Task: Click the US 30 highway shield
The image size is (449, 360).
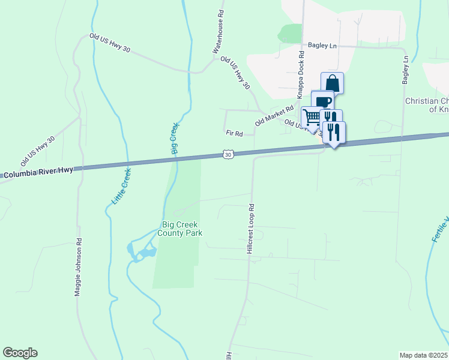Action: tap(228, 155)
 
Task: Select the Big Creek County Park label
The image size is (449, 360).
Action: tap(181, 229)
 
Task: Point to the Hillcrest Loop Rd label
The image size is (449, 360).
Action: tap(251, 228)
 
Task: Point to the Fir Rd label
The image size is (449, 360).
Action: tap(234, 133)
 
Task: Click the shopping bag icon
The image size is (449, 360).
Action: tap(333, 83)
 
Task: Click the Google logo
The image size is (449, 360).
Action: tap(20, 353)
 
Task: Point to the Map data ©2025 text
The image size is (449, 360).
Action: tap(424, 355)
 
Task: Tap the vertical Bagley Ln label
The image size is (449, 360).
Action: tap(406, 70)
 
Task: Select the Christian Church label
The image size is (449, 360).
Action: tap(427, 106)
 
